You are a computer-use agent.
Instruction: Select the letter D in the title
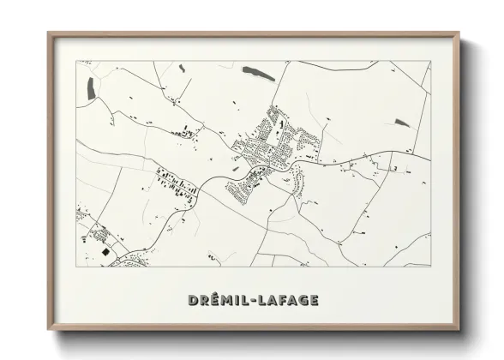(190, 300)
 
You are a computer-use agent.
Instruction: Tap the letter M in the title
(225, 300)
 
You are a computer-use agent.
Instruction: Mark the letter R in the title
(201, 300)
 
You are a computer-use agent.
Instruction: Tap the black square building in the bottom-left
(103, 251)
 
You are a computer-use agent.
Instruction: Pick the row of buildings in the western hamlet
(176, 183)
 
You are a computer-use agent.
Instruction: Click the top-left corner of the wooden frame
(48, 33)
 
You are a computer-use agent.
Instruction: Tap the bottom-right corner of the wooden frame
(459, 329)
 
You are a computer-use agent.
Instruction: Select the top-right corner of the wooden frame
(459, 33)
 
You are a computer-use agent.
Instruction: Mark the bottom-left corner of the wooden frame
(48, 329)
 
